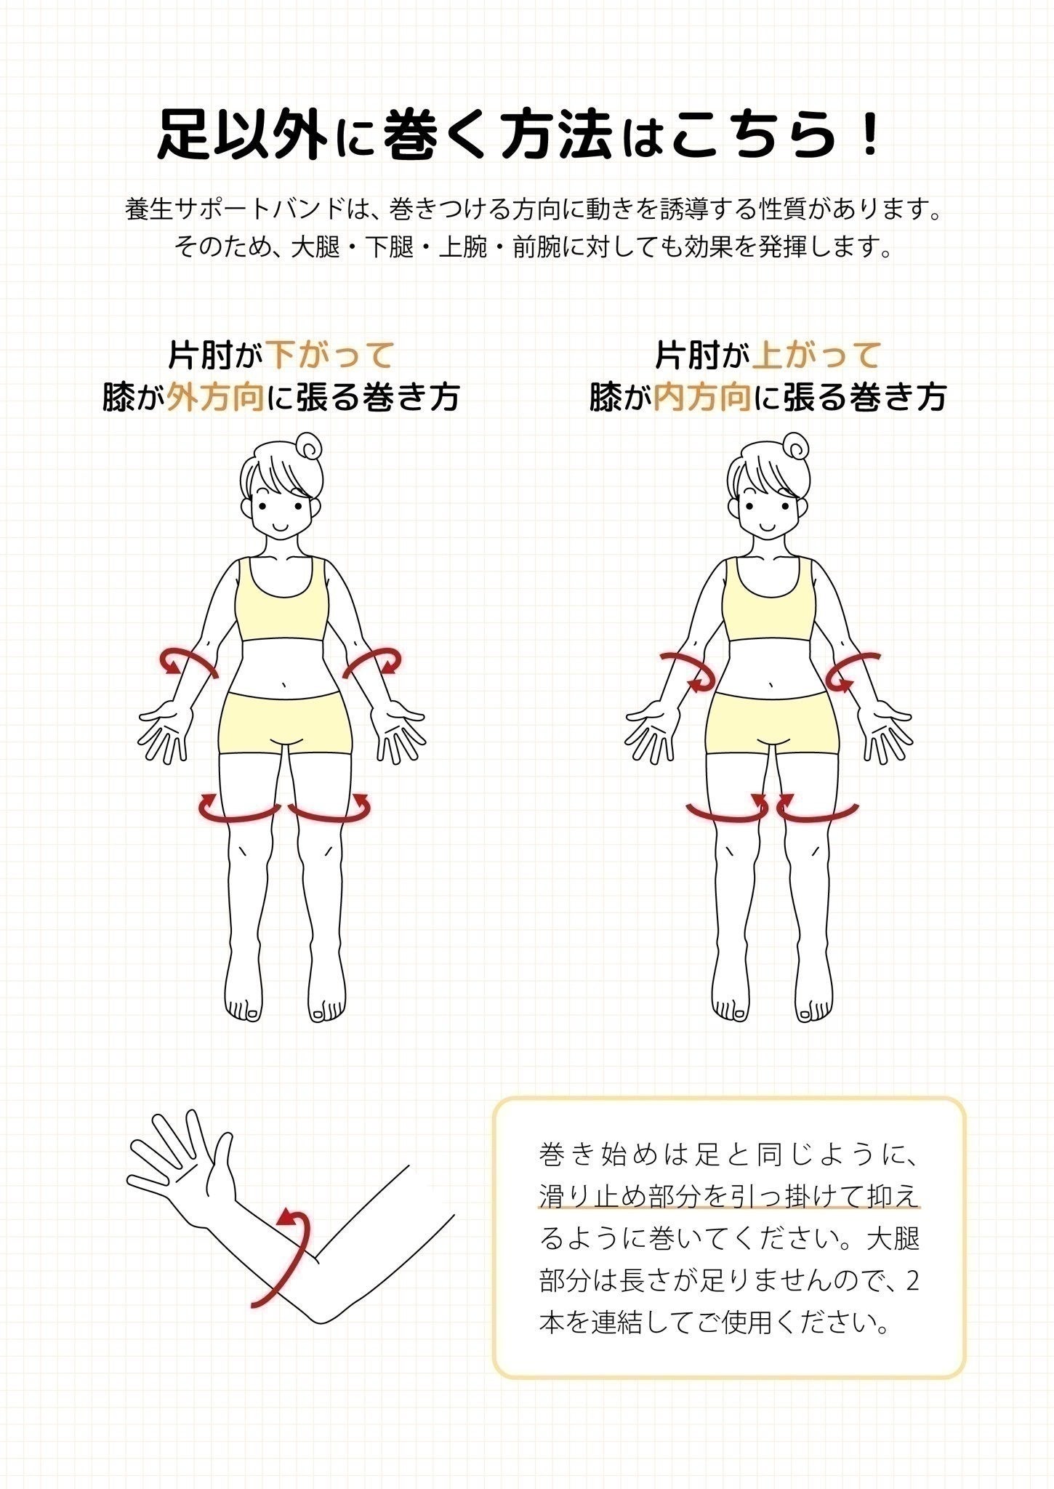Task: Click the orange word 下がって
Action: click(x=331, y=356)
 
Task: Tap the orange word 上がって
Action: click(x=817, y=356)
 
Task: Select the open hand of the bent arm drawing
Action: click(x=181, y=1176)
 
